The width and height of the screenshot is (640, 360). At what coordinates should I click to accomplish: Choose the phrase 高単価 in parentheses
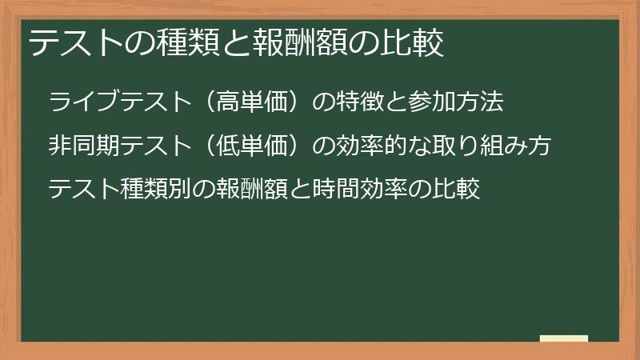254,102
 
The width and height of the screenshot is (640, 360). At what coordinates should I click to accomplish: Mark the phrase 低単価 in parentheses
254,146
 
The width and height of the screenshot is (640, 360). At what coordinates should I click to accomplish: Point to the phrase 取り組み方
497,146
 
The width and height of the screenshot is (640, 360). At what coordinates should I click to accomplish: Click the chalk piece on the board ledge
564,338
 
